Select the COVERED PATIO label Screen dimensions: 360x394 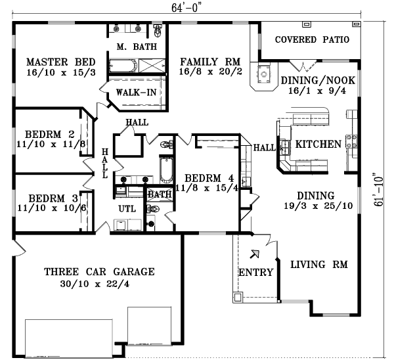[312, 39]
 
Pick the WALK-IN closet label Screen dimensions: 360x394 [136, 92]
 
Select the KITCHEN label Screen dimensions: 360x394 [318, 145]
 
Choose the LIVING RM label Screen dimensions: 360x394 [318, 264]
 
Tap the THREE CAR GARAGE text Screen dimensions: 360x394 [98, 271]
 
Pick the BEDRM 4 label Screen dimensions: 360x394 [209, 177]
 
